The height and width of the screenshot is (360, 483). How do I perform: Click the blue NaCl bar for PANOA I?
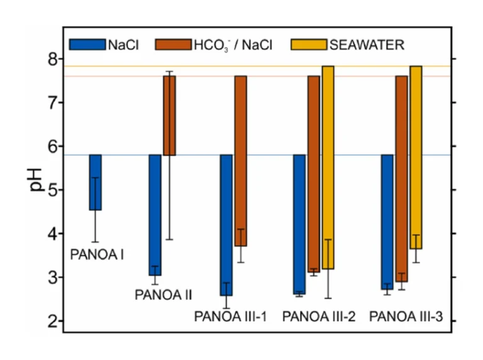pos(95,182)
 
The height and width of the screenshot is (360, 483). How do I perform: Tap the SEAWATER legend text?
pos(367,45)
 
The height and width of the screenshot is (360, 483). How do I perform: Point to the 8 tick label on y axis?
pos(52,58)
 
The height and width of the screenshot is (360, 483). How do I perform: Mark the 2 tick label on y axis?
pos(52,321)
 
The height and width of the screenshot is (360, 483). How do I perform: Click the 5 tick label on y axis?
pos(52,190)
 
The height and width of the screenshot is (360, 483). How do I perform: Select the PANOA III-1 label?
pos(231,316)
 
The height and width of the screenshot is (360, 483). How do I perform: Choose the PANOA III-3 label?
pos(406,316)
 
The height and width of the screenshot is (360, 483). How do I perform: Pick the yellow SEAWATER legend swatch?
pos(309,44)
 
